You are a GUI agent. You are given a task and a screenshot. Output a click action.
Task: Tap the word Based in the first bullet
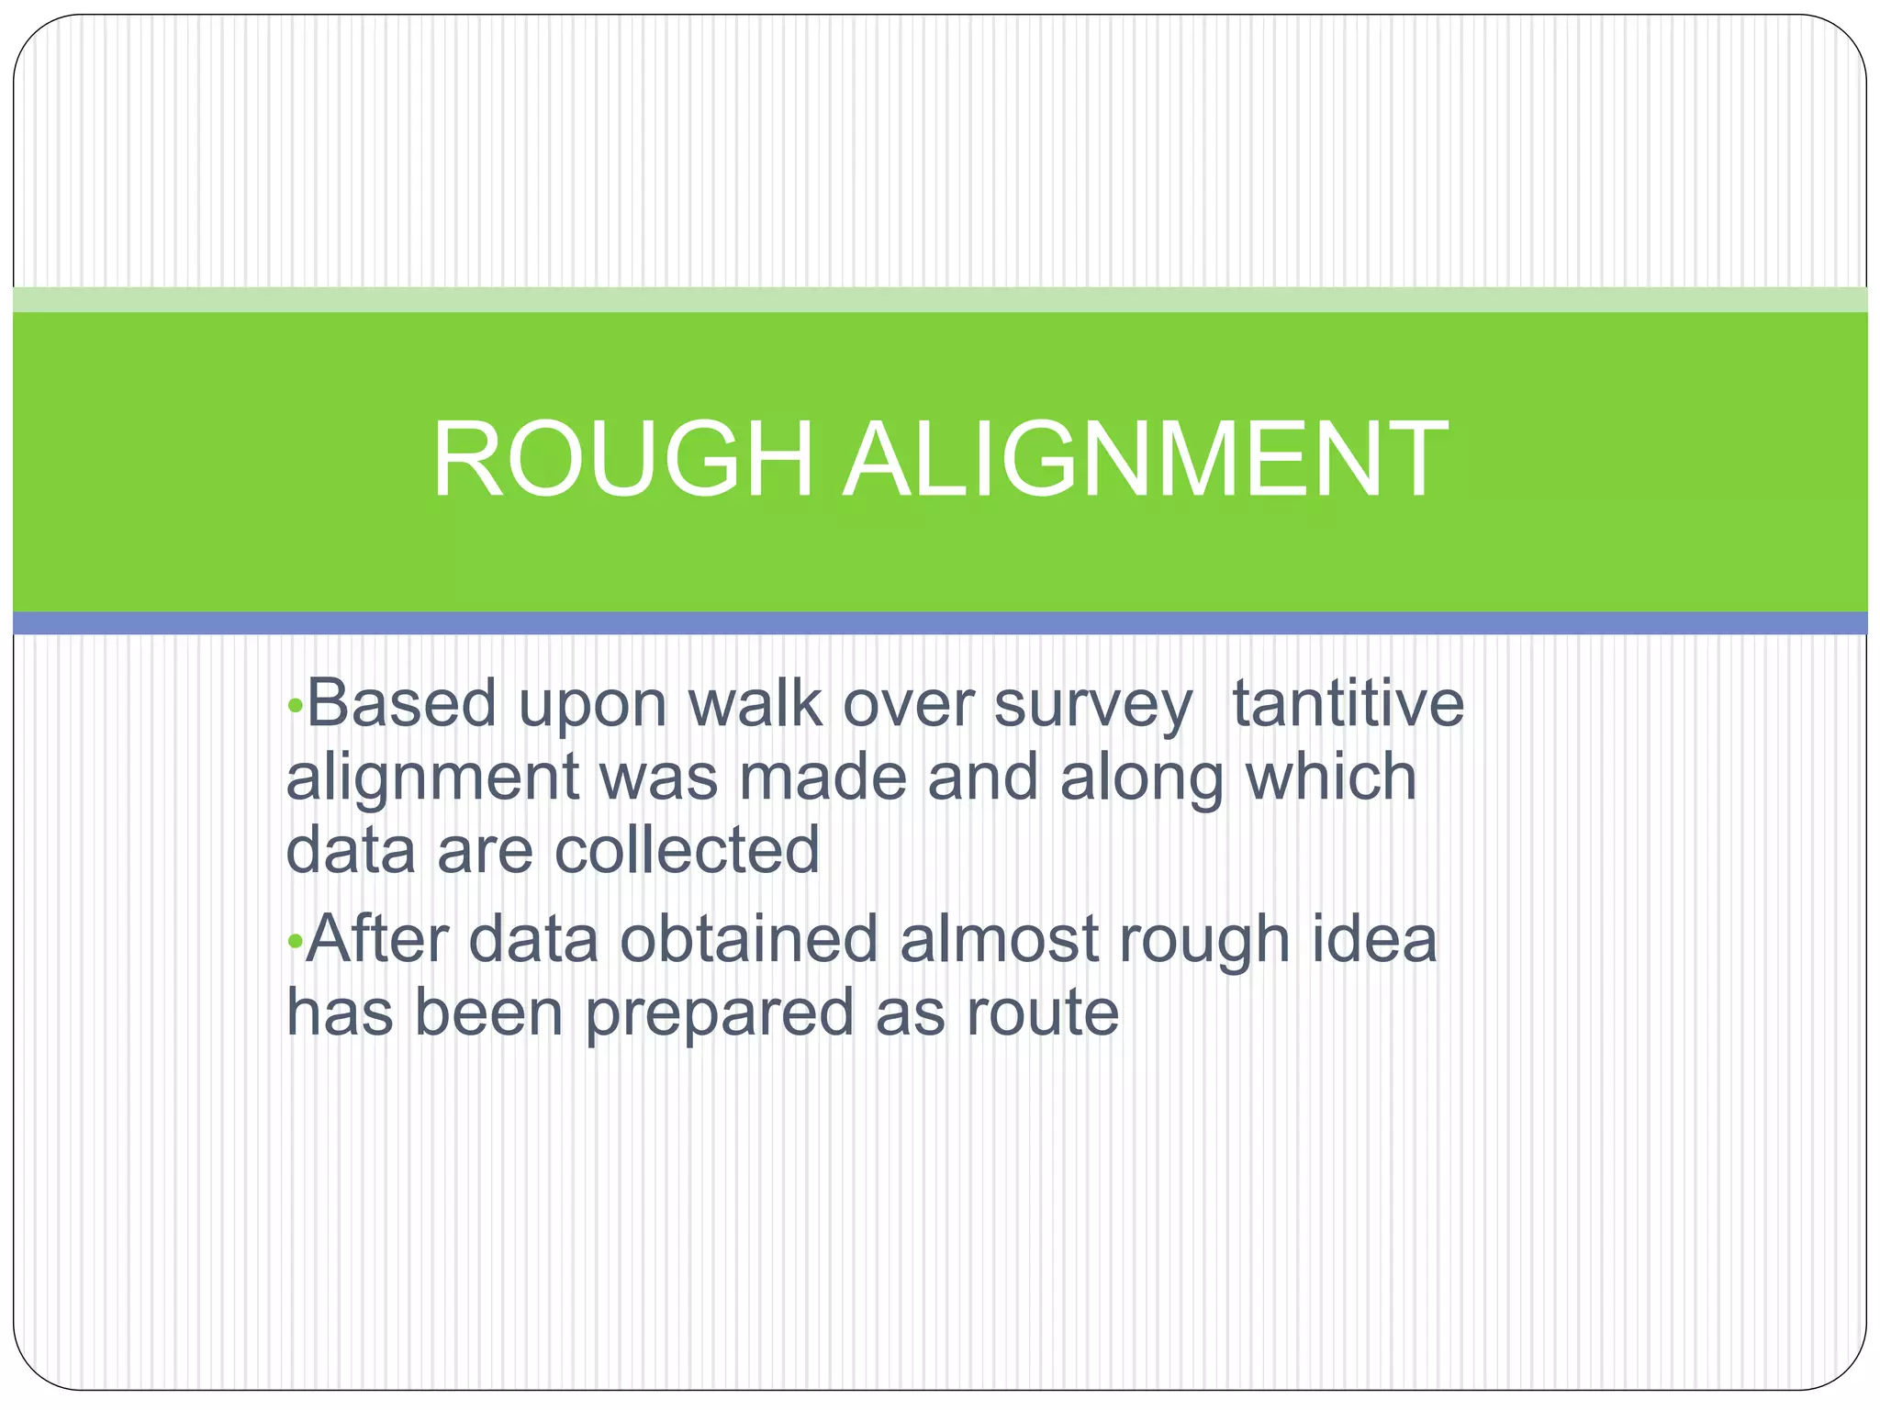401,703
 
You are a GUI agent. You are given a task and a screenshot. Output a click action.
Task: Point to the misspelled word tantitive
1348,703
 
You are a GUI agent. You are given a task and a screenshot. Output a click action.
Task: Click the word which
1331,777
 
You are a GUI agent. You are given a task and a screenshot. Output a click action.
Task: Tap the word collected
687,849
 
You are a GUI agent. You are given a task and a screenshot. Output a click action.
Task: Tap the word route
1042,1013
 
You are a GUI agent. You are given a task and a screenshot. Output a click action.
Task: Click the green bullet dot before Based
295,706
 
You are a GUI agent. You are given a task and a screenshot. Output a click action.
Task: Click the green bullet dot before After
295,941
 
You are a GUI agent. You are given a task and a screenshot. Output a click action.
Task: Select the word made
822,777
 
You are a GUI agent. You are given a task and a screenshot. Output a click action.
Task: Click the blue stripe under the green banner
940,623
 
